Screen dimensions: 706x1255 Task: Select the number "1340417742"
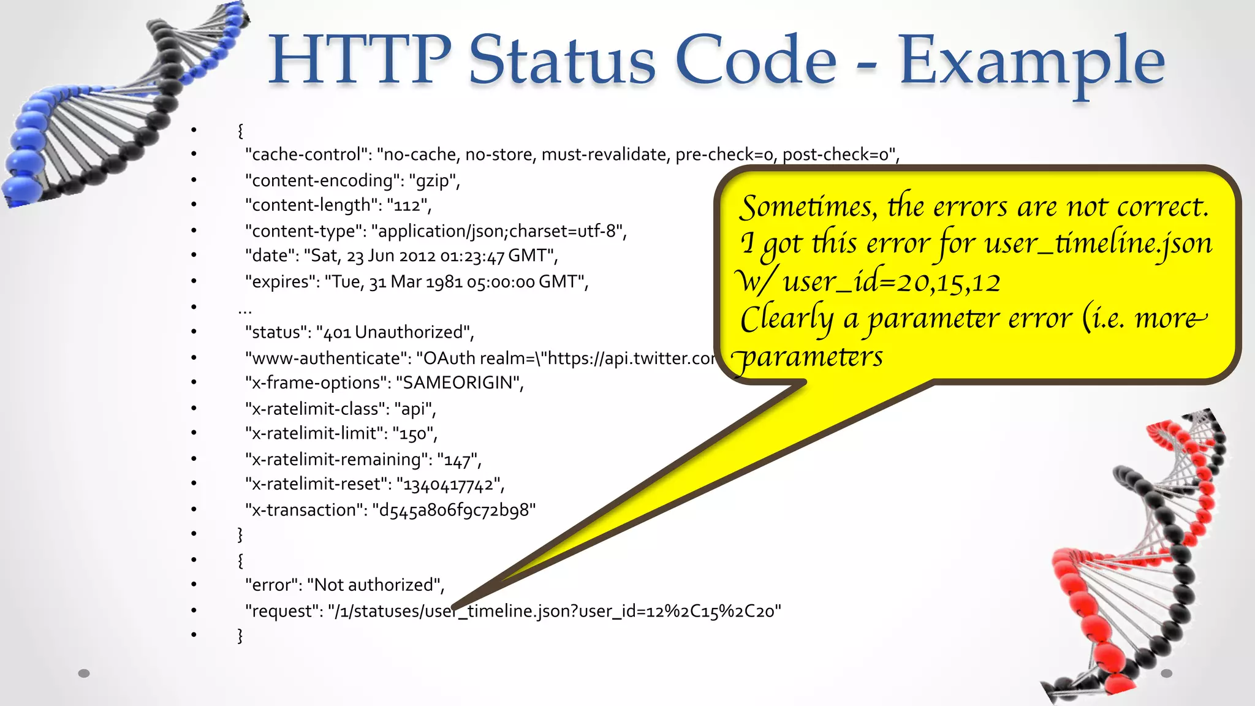pyautogui.click(x=449, y=484)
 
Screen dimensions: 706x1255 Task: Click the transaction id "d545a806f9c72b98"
pyautogui.click(x=453, y=510)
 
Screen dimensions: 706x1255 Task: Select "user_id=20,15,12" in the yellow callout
pyautogui.click(x=892, y=282)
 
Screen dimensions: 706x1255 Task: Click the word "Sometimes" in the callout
pyautogui.click(x=808, y=207)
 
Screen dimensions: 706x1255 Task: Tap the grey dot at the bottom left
pyautogui.click(x=84, y=673)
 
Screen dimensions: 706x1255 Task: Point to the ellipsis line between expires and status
pyautogui.click(x=245, y=307)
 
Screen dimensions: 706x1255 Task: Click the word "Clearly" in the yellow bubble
pyautogui.click(x=786, y=319)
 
